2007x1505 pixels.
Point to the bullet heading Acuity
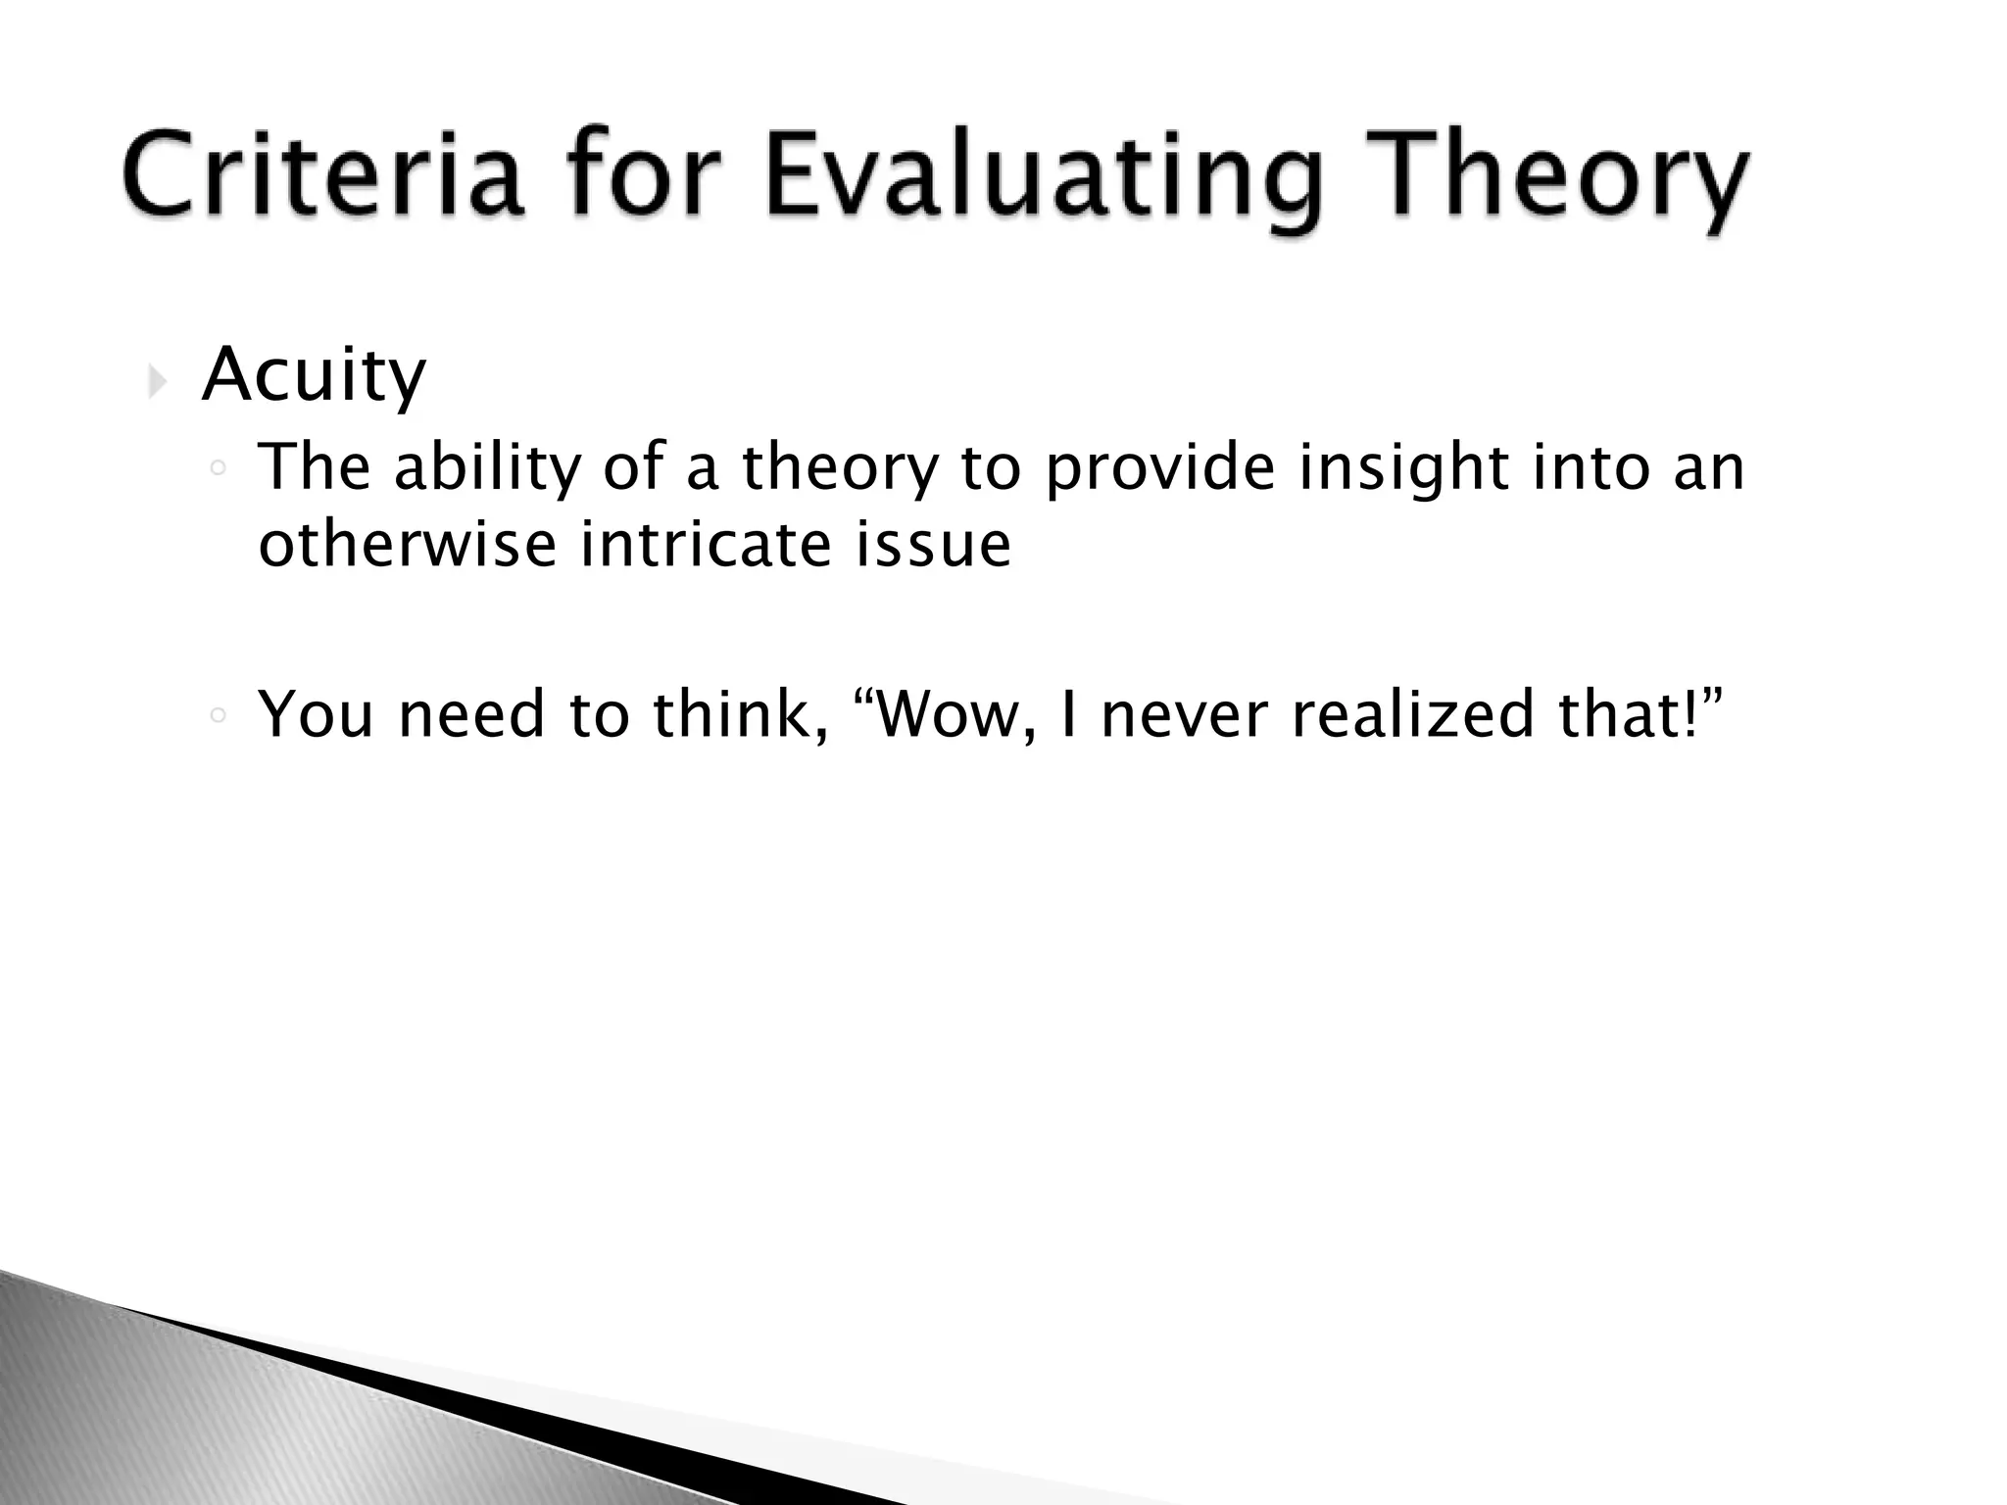pyautogui.click(x=314, y=376)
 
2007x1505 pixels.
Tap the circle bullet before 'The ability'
pyautogui.click(x=219, y=469)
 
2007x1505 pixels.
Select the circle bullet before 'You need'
pyautogui.click(x=219, y=716)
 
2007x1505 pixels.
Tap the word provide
pyautogui.click(x=1160, y=468)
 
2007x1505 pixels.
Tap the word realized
pyautogui.click(x=1412, y=714)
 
